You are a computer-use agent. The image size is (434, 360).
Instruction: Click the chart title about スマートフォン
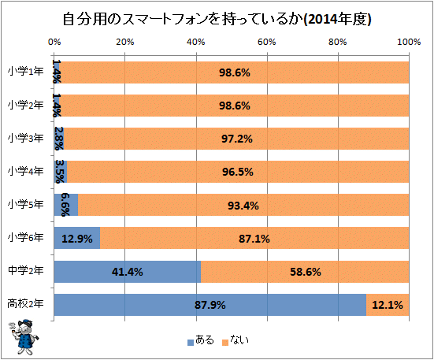click(217, 18)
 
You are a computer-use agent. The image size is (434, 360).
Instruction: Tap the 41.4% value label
click(128, 273)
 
